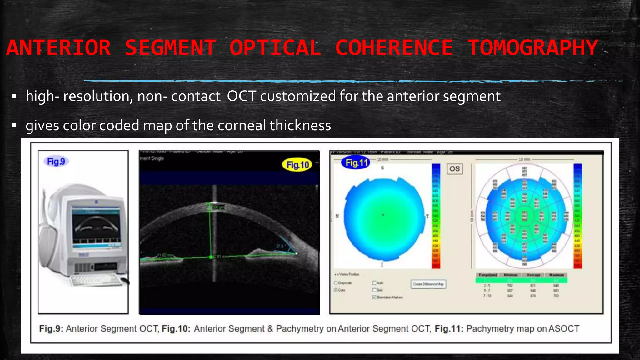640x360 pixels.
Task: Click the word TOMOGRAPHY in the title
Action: coord(532,48)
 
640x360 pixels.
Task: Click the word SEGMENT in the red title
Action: coord(170,48)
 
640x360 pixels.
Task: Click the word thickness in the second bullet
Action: coord(300,126)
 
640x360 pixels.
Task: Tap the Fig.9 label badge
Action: coord(56,162)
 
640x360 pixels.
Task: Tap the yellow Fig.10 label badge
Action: coord(297,165)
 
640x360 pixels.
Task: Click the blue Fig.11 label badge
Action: coord(356,163)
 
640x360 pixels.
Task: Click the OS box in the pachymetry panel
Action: coord(454,169)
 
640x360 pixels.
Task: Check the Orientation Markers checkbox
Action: coord(374,297)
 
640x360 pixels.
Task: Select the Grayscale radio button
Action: coord(336,283)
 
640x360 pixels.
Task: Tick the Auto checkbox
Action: coord(374,283)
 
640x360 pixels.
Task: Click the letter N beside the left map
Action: coord(337,216)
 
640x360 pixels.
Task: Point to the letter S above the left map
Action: coord(382,168)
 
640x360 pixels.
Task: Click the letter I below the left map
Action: coord(382,265)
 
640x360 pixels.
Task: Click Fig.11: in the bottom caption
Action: coord(449,329)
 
